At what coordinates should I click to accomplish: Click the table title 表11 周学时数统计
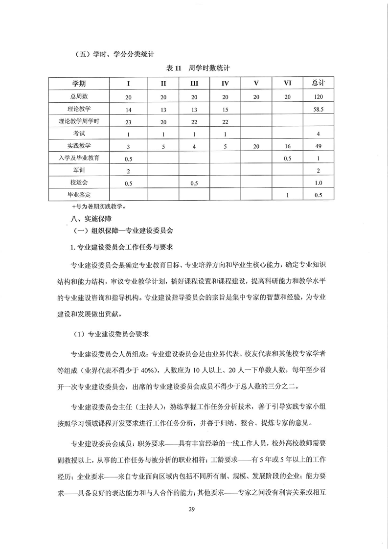click(195, 69)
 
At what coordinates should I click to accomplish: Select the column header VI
click(288, 84)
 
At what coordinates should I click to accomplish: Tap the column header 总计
click(318, 83)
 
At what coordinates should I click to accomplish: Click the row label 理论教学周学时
click(79, 121)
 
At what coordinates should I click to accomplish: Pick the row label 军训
click(79, 170)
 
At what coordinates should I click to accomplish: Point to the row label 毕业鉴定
click(79, 195)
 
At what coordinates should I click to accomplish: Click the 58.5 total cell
click(318, 109)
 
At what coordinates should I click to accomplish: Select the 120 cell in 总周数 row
click(318, 97)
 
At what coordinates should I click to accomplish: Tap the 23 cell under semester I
click(128, 121)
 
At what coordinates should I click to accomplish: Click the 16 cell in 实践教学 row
click(288, 146)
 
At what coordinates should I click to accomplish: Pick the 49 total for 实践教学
click(318, 146)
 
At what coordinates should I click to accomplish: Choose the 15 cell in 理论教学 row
click(225, 109)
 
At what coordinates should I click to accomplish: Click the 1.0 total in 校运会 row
click(318, 183)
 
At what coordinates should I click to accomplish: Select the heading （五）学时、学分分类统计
click(103, 53)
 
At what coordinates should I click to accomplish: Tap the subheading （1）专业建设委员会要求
click(110, 334)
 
